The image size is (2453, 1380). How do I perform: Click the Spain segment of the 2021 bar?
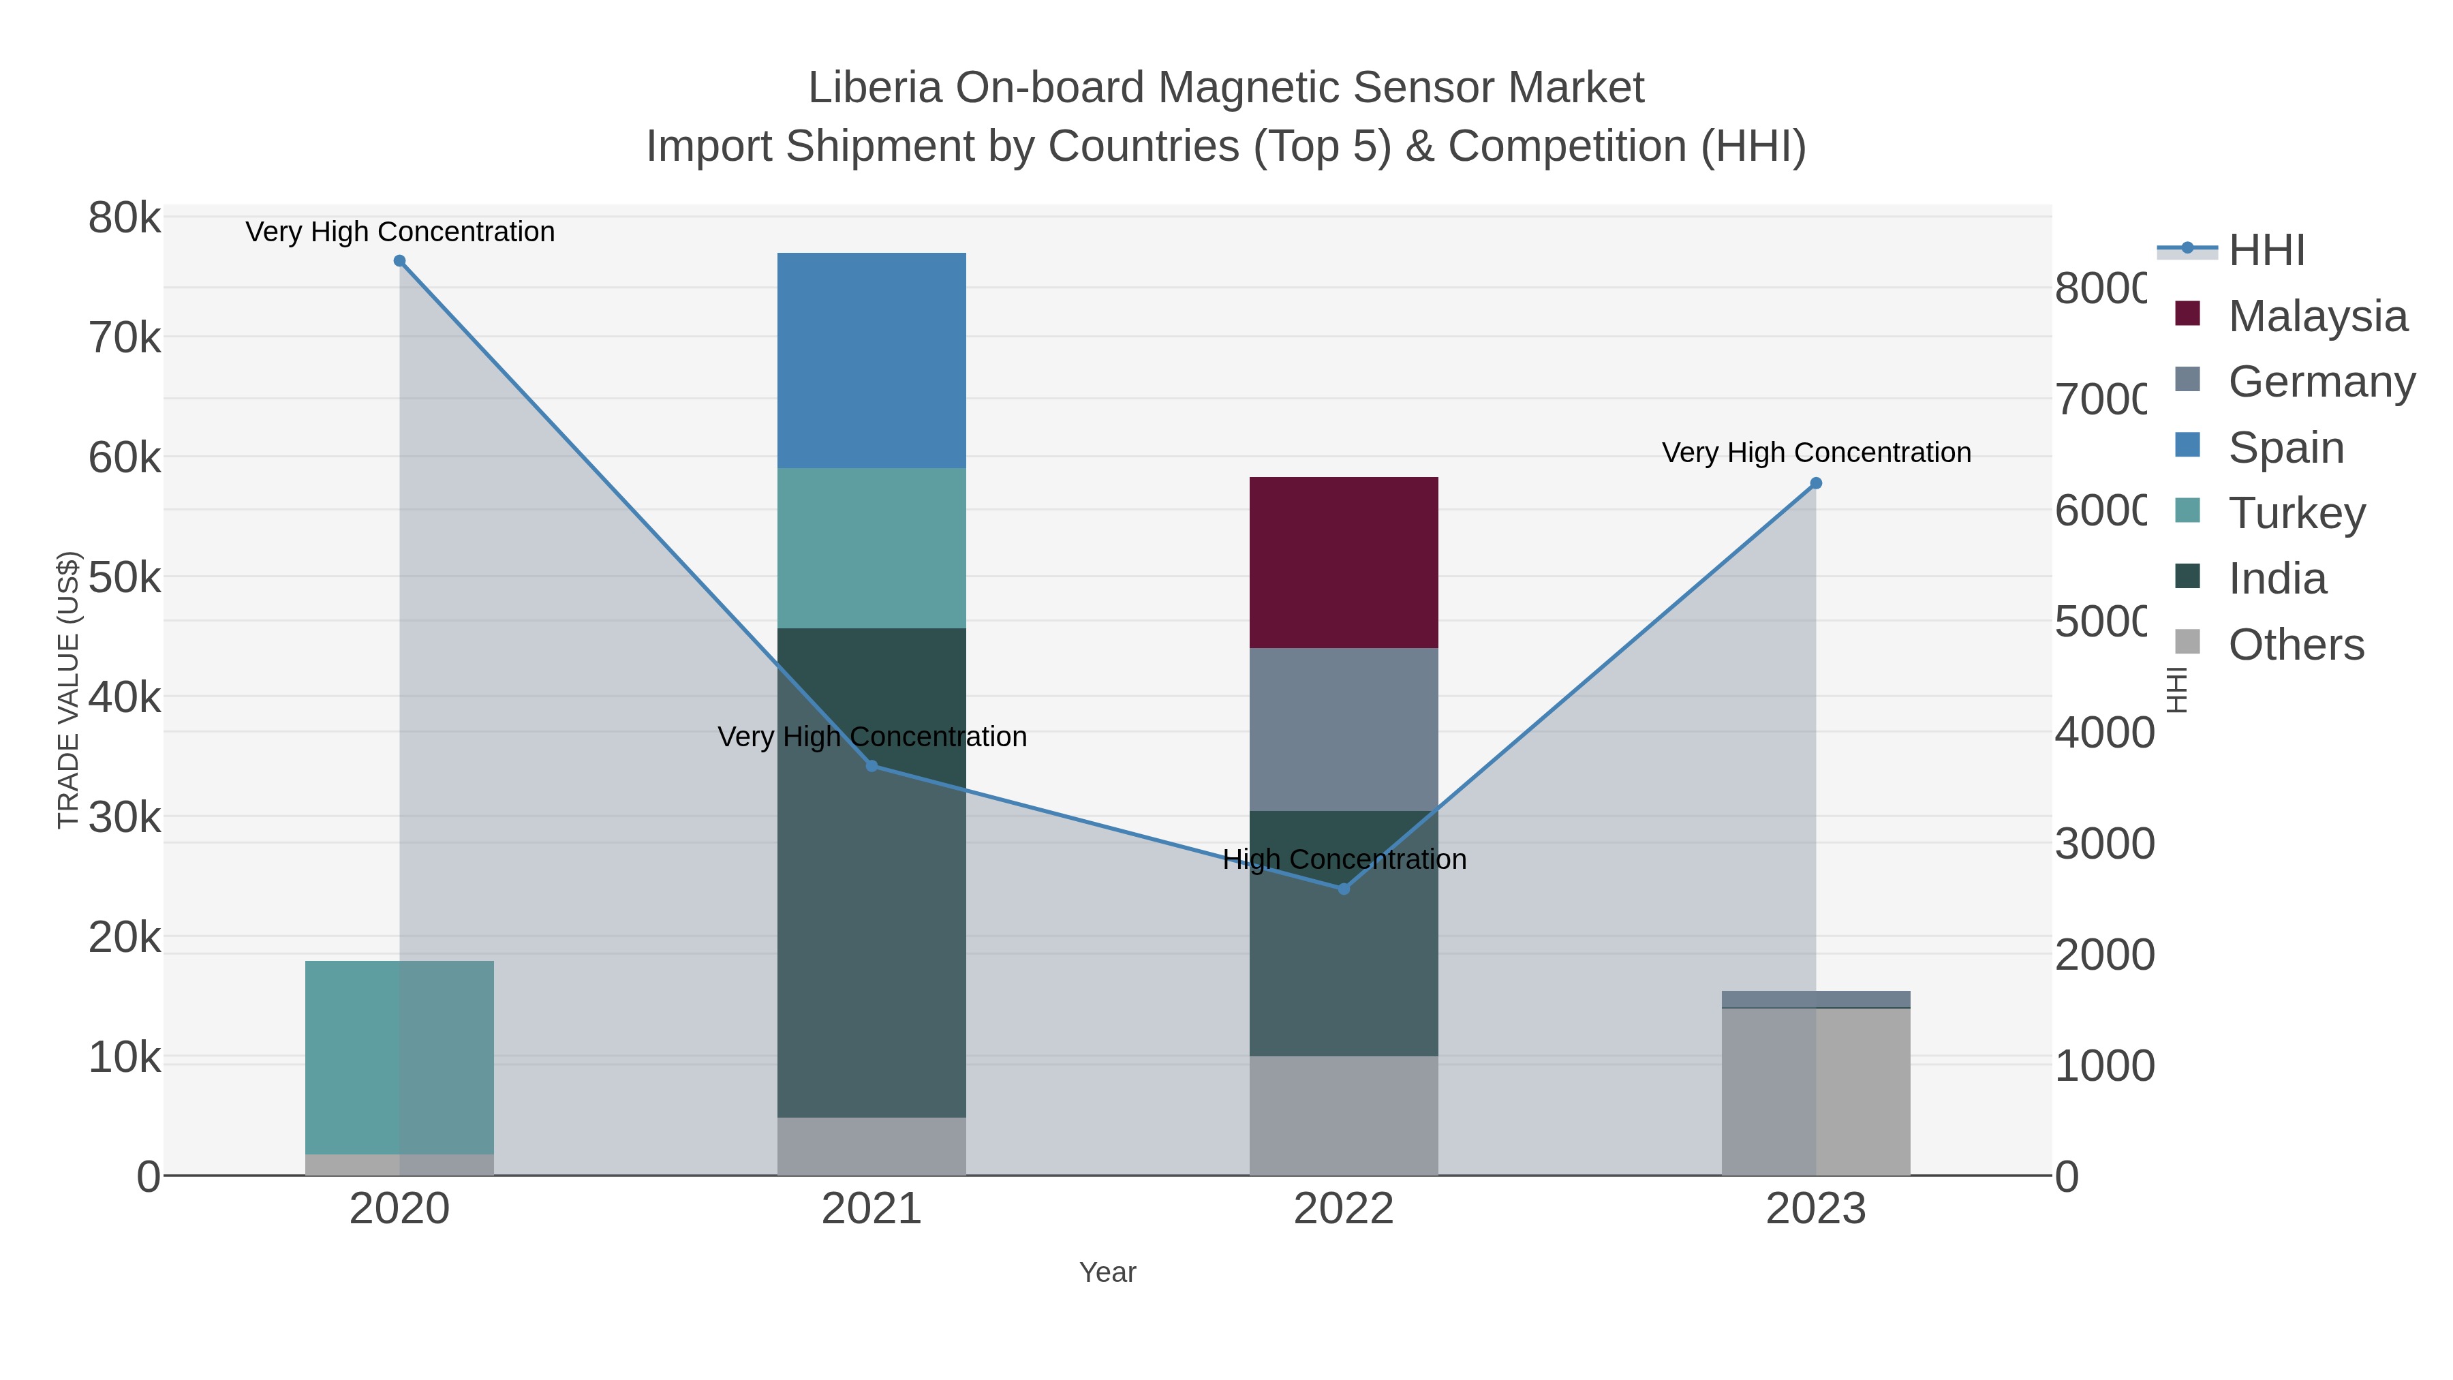click(x=871, y=360)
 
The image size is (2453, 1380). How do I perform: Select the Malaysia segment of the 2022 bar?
click(x=1344, y=562)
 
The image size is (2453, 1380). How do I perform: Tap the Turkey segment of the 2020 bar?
click(x=399, y=1057)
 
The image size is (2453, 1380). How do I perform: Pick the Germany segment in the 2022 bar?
click(x=1344, y=729)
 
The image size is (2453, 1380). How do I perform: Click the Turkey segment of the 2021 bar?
click(x=871, y=548)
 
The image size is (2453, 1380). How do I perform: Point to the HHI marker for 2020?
click(x=400, y=261)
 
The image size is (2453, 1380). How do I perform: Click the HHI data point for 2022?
click(x=1344, y=889)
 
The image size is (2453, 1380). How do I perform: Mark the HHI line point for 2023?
click(x=1816, y=484)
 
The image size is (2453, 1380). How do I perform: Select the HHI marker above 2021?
click(x=871, y=766)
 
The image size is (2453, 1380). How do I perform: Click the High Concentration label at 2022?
click(x=1344, y=859)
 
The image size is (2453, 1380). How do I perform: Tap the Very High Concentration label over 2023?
click(x=1816, y=453)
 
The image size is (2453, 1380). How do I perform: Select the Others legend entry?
click(x=2295, y=645)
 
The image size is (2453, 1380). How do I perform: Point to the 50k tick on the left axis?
click(x=124, y=577)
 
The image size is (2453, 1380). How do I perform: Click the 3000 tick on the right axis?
click(x=2103, y=844)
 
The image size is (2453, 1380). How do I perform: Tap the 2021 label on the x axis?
click(x=871, y=1210)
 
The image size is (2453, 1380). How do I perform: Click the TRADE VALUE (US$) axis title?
click(x=69, y=690)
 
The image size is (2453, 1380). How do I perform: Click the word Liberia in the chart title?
click(x=874, y=88)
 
